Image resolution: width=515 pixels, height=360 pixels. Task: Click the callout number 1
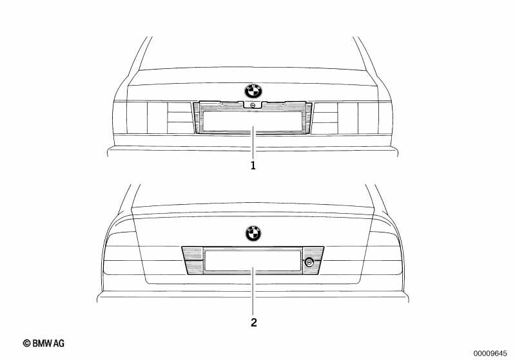click(x=253, y=166)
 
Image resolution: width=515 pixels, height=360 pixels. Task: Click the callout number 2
click(x=253, y=322)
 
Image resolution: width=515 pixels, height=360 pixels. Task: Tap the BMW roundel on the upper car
click(x=253, y=91)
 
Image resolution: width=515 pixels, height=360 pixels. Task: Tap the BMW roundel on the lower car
click(x=253, y=233)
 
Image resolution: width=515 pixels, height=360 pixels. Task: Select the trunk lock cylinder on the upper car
click(x=253, y=105)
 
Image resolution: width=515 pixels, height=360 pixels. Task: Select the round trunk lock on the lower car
click(x=309, y=262)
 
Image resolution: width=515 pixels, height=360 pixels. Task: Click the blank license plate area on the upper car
click(x=253, y=121)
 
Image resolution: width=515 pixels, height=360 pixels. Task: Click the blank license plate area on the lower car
click(x=252, y=261)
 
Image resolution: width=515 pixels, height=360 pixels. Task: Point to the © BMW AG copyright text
click(x=44, y=343)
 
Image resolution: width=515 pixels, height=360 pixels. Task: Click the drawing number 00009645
click(x=490, y=353)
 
